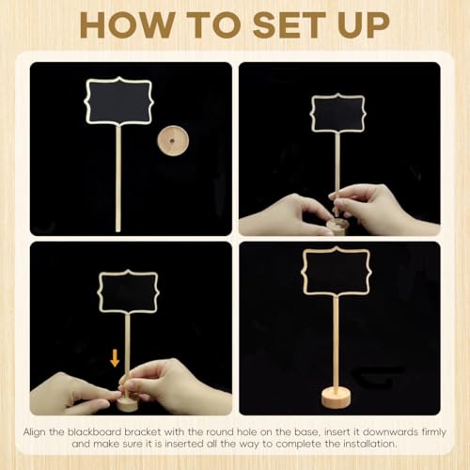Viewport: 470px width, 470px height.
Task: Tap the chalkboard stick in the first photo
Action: coord(119,179)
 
